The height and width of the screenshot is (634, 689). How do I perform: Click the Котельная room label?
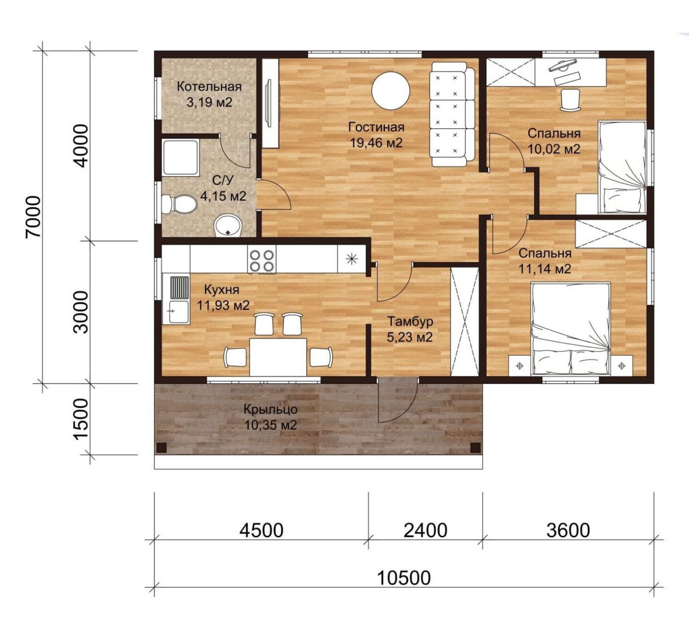coord(209,87)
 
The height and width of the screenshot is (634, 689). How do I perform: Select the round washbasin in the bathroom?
coord(229,225)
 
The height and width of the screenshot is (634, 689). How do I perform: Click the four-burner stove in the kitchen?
coord(262,260)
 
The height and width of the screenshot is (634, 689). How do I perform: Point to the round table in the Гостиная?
coord(391,90)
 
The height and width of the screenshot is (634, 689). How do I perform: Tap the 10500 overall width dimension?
coord(403,578)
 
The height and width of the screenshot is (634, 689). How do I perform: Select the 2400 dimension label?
coord(425,530)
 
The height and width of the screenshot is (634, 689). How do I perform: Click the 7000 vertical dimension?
coord(33,216)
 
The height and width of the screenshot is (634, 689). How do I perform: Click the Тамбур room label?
coord(410,322)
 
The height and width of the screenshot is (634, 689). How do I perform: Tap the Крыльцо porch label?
coord(270,409)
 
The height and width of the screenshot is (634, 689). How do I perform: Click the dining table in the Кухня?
coord(278,357)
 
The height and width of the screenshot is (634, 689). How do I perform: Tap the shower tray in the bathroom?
coord(180,158)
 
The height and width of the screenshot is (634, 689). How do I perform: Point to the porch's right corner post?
coord(475,447)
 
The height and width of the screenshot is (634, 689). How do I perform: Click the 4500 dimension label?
coord(261,530)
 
